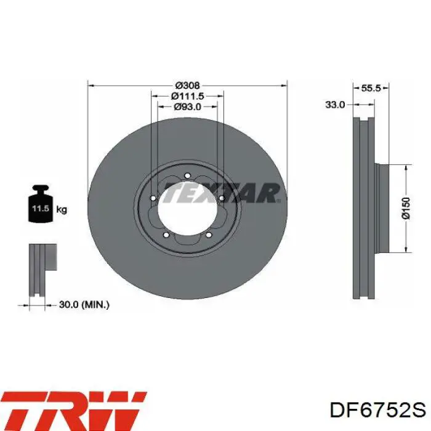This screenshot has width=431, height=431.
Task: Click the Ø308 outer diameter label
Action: click(187, 86)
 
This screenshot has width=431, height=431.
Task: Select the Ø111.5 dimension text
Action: click(187, 96)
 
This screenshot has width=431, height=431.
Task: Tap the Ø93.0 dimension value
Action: click(187, 107)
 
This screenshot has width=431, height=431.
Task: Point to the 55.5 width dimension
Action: click(371, 88)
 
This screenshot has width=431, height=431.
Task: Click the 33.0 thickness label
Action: click(335, 105)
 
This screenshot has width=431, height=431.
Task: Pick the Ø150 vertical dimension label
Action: click(406, 208)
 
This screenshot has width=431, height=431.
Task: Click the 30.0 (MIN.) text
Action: click(84, 305)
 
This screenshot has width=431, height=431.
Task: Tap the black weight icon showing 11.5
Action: click(41, 204)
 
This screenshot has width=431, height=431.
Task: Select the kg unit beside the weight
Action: click(62, 210)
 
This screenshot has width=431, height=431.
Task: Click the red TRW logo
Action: click(74, 411)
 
